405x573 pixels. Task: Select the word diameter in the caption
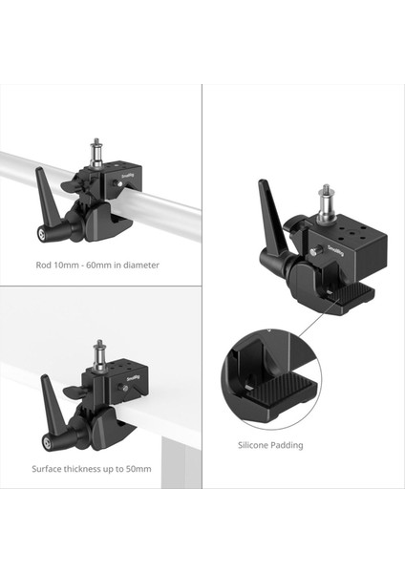pos(141,265)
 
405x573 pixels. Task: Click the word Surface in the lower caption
pos(49,469)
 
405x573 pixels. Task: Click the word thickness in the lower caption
pos(90,469)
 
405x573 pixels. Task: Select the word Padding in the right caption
pos(288,445)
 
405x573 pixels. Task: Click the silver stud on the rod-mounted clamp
pos(96,152)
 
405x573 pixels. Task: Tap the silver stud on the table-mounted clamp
pos(98,353)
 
